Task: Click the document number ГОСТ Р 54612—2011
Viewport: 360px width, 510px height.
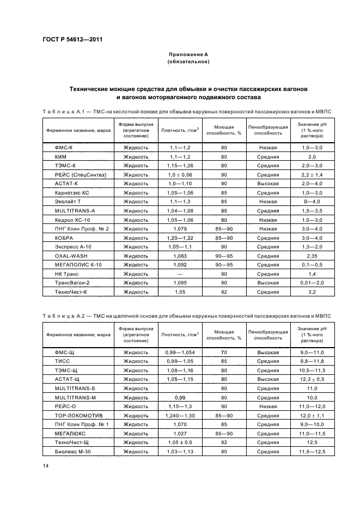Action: pyautogui.click(x=72, y=39)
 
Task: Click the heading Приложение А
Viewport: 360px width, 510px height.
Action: pyautogui.click(x=188, y=55)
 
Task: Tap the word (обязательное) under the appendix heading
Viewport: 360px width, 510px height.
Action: pyautogui.click(x=188, y=62)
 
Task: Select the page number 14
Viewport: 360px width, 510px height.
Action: pyautogui.click(x=46, y=466)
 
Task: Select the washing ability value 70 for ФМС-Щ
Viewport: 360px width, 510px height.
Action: pyautogui.click(x=224, y=353)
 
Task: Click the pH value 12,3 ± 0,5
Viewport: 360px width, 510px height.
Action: pyautogui.click(x=312, y=379)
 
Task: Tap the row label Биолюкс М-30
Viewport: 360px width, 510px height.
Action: pyautogui.click(x=71, y=451)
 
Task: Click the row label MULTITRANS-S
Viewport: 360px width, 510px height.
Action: pyautogui.click(x=71, y=388)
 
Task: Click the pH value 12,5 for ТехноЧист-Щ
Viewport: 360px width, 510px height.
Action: pyautogui.click(x=312, y=442)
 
